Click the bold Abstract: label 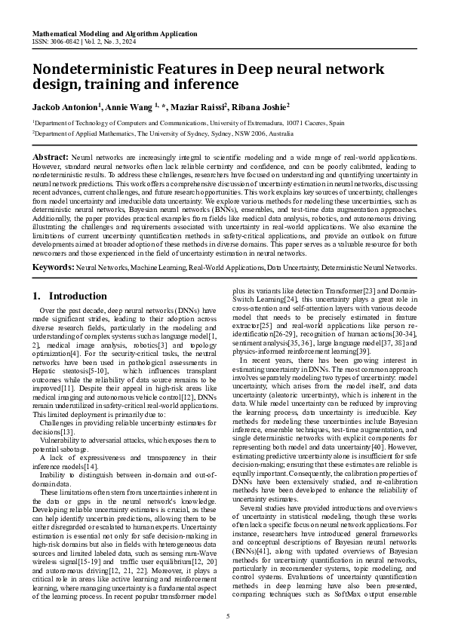(51, 157)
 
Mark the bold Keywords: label (53, 267)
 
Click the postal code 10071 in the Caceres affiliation (295, 122)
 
